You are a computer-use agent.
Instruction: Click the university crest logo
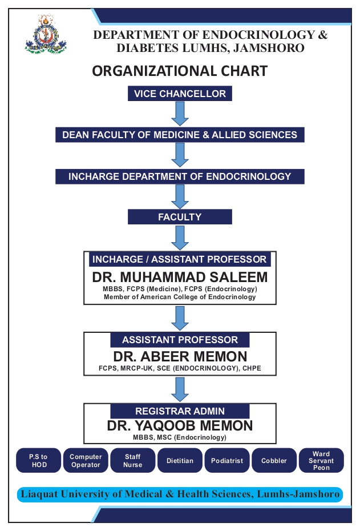pos(45,34)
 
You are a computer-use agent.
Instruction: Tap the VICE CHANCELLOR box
pos(180,94)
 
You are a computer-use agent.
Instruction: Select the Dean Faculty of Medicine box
pos(180,135)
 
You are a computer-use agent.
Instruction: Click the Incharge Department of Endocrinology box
pos(180,176)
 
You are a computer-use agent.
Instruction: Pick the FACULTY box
pos(180,217)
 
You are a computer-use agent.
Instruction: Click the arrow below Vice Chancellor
pos(180,114)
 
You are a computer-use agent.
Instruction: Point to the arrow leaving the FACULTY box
pos(180,238)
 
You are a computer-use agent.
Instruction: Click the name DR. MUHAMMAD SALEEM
pos(180,277)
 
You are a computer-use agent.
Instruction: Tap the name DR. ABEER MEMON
pos(180,357)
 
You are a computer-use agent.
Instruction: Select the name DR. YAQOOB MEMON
pos(180,426)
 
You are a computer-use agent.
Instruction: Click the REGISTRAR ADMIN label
pos(180,411)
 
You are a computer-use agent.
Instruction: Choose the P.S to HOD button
pos(39,461)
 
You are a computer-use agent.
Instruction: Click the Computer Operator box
pos(86,461)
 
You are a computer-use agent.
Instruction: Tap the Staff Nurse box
pos(132,461)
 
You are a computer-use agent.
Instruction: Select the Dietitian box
pos(180,461)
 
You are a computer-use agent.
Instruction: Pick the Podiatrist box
pos(227,461)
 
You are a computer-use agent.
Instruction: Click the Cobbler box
pos(274,461)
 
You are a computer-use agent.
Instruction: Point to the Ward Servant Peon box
pos(321,461)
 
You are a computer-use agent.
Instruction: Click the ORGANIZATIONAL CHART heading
pos(180,71)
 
